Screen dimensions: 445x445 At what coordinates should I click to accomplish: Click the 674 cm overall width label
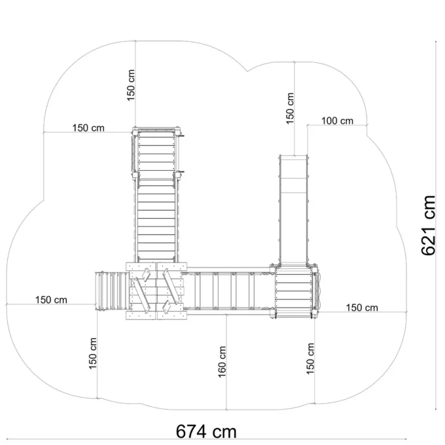click(x=206, y=431)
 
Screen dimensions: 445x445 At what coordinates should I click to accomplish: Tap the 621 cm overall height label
click(x=428, y=225)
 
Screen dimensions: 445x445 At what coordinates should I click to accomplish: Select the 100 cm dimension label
click(x=337, y=121)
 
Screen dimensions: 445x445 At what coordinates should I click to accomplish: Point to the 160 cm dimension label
click(x=222, y=361)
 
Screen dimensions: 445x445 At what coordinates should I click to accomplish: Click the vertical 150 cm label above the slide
click(x=290, y=108)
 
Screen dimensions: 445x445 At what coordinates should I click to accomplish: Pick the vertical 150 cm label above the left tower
click(x=131, y=85)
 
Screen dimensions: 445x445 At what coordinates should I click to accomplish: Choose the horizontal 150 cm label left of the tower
click(x=88, y=128)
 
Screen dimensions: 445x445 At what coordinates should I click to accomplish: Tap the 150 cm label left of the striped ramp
click(x=51, y=300)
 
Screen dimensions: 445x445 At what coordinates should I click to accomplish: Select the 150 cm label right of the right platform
click(x=362, y=308)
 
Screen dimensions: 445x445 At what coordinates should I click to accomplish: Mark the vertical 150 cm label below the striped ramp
click(x=93, y=353)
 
